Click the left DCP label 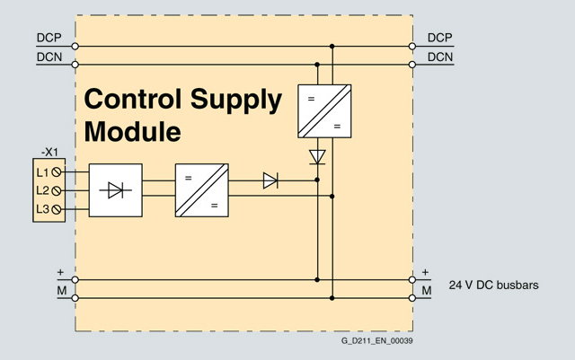point(49,39)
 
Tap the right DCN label point(439,57)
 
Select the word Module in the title point(132,132)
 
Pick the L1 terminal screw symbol point(57,171)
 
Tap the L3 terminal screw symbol point(57,209)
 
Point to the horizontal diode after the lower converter point(270,180)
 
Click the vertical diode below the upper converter point(316,157)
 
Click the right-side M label point(427,291)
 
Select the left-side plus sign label point(60,271)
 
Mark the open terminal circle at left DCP point(75,46)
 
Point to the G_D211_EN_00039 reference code point(376,341)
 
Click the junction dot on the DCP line point(332,46)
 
